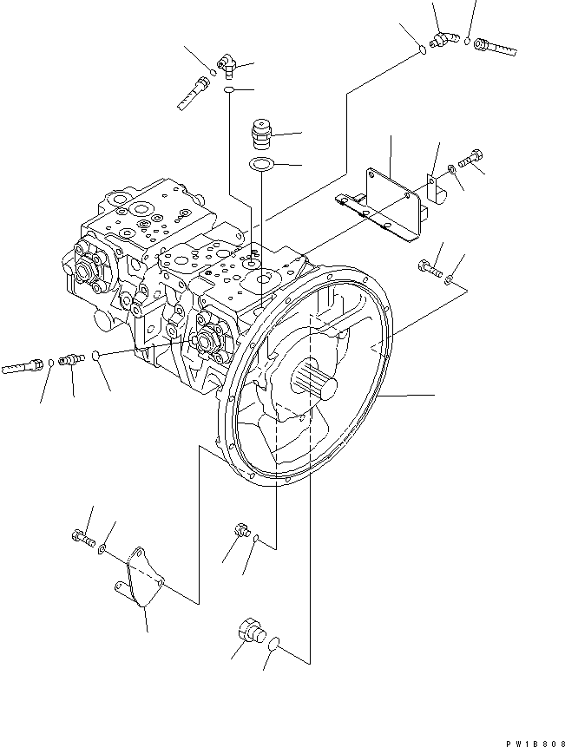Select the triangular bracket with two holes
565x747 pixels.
pyautogui.click(x=138, y=577)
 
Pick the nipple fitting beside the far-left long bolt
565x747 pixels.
pyautogui.click(x=71, y=357)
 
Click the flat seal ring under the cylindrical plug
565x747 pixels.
pyautogui.click(x=260, y=165)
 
